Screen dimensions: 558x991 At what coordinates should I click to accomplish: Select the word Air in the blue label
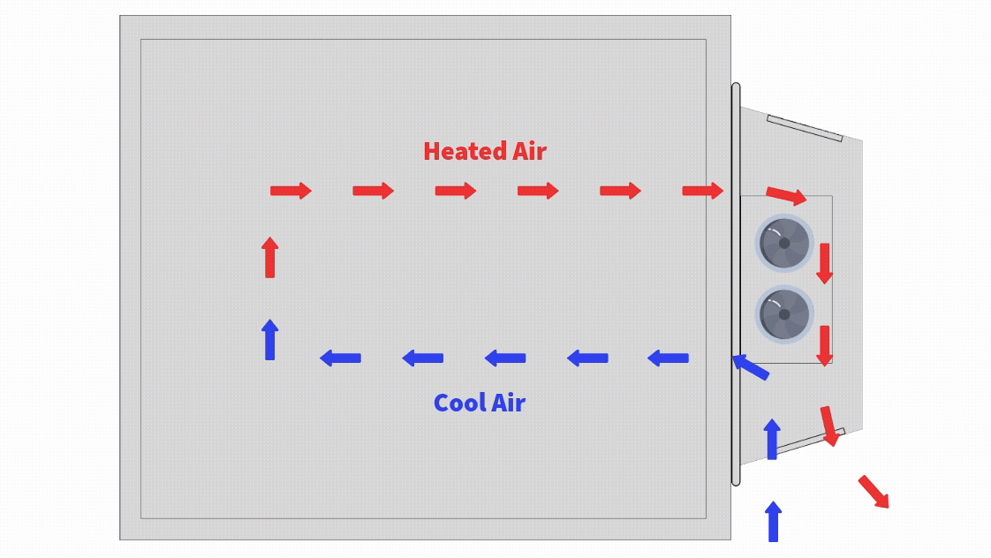click(508, 403)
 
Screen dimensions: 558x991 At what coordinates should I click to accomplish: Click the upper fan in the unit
click(783, 243)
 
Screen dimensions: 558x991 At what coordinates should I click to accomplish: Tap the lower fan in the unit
click(783, 314)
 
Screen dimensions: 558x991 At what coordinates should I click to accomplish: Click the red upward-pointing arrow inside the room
click(270, 257)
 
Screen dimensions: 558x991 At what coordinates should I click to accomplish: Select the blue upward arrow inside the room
click(270, 340)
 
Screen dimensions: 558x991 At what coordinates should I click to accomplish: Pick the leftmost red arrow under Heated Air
click(291, 191)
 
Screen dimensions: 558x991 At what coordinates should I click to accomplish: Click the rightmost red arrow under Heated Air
click(703, 191)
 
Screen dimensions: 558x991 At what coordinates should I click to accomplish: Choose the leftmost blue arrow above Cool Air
click(340, 358)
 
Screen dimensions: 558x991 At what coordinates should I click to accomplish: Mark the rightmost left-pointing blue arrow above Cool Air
click(668, 358)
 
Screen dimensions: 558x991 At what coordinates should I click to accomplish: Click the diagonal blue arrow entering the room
click(751, 366)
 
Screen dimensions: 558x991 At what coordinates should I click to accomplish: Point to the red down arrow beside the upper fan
click(824, 263)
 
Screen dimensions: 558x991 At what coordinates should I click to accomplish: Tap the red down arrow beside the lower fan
click(824, 344)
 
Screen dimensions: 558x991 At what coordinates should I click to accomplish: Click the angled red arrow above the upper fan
click(786, 195)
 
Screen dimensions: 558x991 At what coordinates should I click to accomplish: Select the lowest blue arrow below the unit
click(774, 521)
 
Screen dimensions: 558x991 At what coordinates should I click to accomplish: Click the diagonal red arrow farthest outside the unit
click(874, 492)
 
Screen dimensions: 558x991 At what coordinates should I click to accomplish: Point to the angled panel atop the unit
click(805, 128)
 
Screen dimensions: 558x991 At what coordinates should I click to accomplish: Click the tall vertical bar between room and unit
click(736, 283)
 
